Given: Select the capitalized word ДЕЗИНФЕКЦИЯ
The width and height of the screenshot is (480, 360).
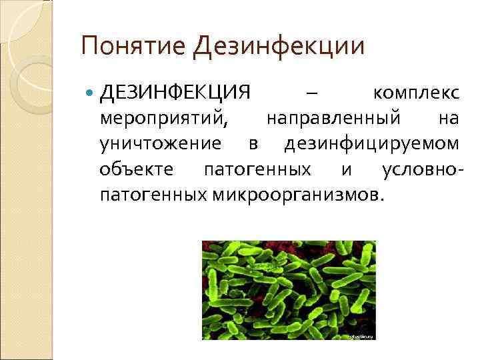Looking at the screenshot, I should click(175, 91).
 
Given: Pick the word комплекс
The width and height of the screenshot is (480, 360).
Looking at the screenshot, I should click(416, 92).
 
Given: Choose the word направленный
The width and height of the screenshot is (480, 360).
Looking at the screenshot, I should click(334, 118).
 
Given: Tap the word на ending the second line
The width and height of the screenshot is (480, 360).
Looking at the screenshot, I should click(449, 118).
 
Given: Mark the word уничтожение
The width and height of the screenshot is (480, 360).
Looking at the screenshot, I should click(160, 143).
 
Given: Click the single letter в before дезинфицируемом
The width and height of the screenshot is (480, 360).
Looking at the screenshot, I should click(253, 144).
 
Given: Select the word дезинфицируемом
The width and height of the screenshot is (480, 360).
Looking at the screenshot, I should click(371, 143).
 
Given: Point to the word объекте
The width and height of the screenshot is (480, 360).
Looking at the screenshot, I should click(137, 169).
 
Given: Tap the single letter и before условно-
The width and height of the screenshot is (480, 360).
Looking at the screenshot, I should click(347, 169).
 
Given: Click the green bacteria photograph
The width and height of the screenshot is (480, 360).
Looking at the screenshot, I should click(289, 290).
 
